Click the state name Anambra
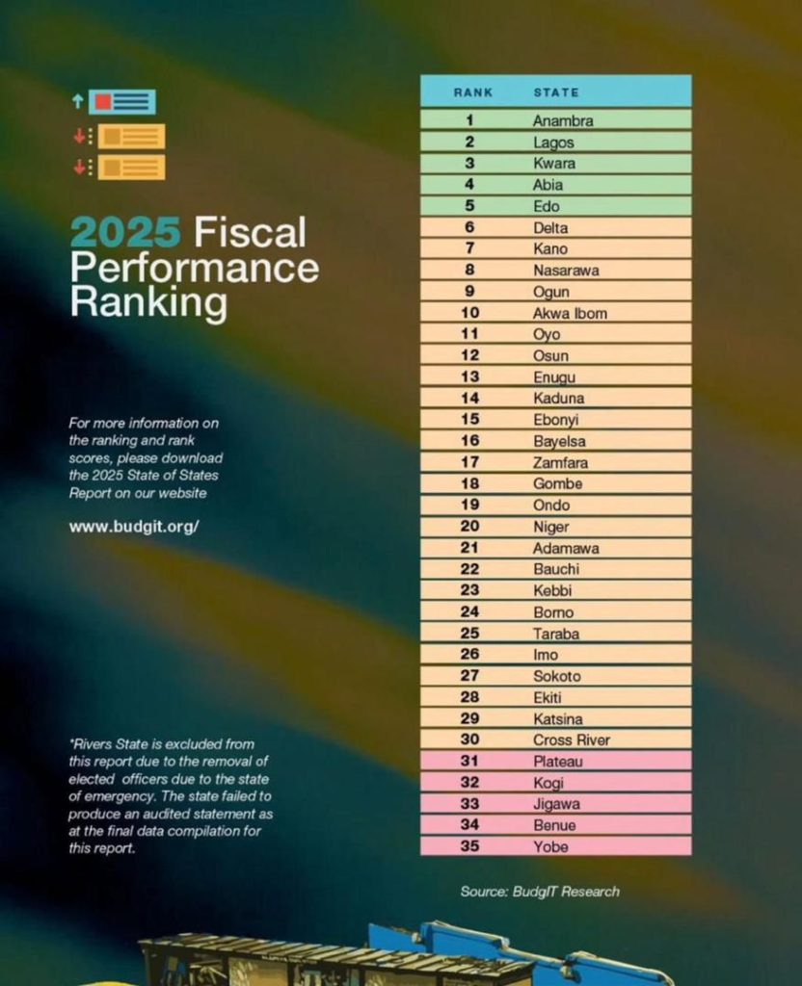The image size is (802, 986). tap(563, 121)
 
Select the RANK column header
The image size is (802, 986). tap(472, 92)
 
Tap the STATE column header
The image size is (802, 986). tap(556, 92)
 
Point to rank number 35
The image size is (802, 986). tap(469, 846)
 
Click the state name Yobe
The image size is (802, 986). tap(550, 846)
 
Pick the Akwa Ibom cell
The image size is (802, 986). tap(570, 313)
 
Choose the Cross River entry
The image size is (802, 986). tap(572, 739)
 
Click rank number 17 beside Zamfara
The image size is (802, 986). tap(469, 462)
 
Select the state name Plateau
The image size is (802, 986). tap(558, 762)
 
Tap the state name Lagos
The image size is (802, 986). tap(553, 143)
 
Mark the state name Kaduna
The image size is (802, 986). tap(558, 398)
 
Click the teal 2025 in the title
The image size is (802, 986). tap(125, 232)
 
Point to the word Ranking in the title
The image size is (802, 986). tap(147, 302)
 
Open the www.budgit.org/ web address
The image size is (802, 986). tap(133, 527)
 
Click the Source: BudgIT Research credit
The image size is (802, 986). tap(540, 891)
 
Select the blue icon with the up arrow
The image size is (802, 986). tap(120, 101)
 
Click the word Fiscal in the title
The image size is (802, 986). tap(250, 232)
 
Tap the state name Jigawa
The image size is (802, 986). tap(556, 804)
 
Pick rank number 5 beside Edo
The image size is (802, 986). tap(469, 206)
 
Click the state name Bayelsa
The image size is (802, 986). tap(559, 441)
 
